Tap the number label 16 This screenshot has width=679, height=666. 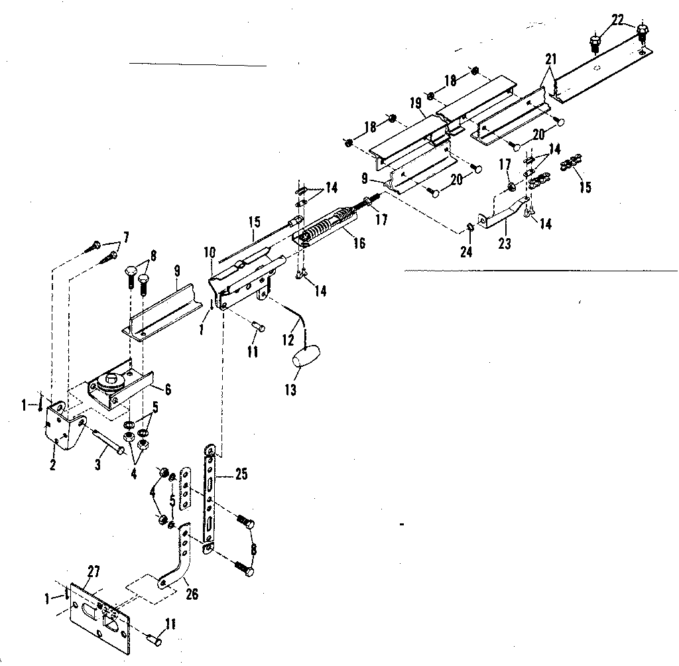[x=359, y=243]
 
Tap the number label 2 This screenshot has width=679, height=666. [x=52, y=464]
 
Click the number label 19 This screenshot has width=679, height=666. [x=416, y=103]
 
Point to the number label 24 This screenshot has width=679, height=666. [x=467, y=252]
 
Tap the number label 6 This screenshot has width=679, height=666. [x=168, y=389]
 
